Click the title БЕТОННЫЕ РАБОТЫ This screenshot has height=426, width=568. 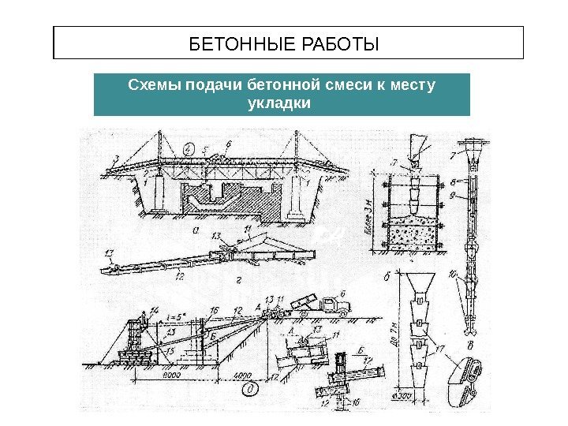pyautogui.click(x=289, y=43)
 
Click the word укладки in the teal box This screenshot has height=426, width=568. pyautogui.click(x=280, y=103)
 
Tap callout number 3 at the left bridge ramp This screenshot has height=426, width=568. pyautogui.click(x=116, y=159)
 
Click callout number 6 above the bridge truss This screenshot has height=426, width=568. pyautogui.click(x=228, y=144)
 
